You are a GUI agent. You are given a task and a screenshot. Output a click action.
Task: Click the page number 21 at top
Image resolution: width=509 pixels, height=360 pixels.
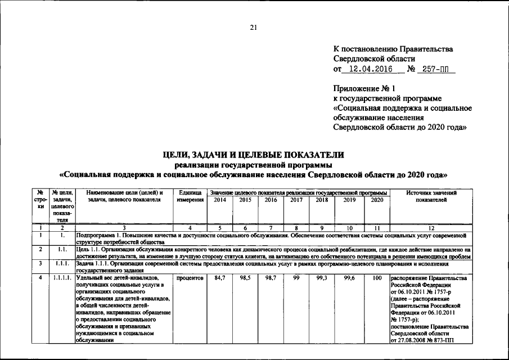coord(253,28)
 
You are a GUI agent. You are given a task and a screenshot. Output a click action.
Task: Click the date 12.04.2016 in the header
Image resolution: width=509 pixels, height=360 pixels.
coord(370,69)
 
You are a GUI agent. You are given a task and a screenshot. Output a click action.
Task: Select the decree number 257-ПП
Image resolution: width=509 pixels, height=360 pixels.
coord(438,69)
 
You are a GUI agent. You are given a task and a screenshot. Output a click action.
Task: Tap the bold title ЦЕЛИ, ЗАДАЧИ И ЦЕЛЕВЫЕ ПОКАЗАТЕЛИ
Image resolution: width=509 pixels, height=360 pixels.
coord(254,155)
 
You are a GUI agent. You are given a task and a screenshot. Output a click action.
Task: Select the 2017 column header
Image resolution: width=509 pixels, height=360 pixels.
coord(296,200)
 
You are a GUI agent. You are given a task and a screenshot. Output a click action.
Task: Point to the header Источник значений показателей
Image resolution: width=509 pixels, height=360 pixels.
coord(431,196)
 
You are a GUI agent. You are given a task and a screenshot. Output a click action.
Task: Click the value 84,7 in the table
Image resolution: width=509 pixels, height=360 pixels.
coord(219,278)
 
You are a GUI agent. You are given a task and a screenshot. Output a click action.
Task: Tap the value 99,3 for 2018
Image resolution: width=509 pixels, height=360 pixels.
coord(322,278)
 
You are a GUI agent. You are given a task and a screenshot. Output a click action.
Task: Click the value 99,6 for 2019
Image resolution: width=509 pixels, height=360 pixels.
coord(349,278)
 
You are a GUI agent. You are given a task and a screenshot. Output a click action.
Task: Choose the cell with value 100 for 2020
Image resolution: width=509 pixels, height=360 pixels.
coord(377,278)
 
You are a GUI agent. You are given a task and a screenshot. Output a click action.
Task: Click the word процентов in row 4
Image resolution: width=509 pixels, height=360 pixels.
coord(190,278)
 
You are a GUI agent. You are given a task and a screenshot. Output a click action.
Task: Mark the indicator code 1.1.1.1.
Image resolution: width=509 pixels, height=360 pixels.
coord(62,278)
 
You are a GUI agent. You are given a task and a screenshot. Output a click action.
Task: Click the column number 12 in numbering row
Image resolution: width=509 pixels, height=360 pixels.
coord(431,228)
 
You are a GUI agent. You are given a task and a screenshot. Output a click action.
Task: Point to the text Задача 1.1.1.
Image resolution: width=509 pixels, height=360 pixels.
coord(96,263)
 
